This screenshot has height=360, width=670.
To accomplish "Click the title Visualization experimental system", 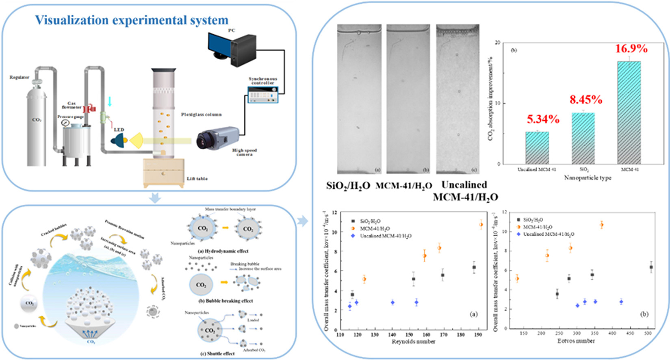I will coord(131,20).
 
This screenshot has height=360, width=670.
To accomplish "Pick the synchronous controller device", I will coord(263,94).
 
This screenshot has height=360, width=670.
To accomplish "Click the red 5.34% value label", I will coord(543,119).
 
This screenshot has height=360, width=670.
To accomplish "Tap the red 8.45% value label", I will coord(585,100).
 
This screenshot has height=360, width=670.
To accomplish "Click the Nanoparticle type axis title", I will coord(588,178).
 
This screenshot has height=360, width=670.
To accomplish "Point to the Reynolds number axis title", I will coord(413,342).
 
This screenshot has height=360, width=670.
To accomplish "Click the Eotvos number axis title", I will coord(576,341).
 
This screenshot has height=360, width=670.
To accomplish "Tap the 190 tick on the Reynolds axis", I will coord(479,335).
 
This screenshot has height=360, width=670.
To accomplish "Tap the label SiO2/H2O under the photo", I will coord(348,186).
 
